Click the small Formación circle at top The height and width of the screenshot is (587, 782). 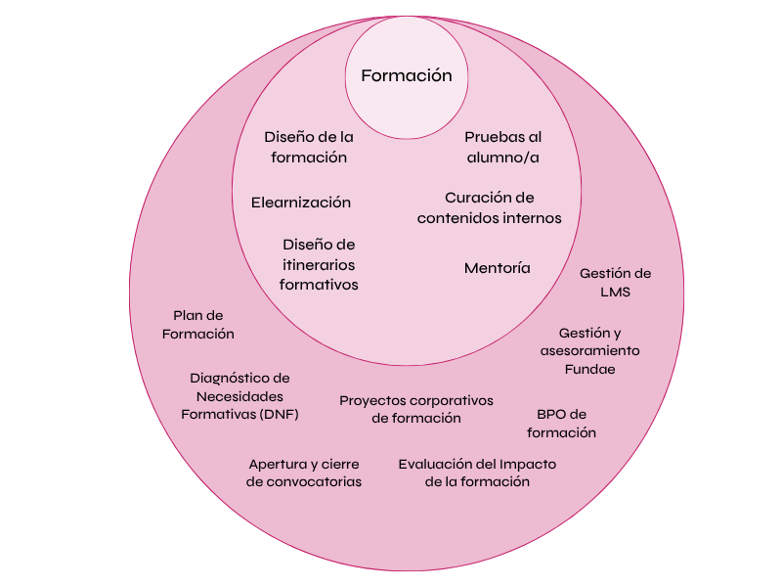click(406, 75)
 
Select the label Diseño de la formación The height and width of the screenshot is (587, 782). click(309, 147)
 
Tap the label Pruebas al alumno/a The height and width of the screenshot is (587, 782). click(502, 147)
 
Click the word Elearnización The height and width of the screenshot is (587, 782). click(301, 203)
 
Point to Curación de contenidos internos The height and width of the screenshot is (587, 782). click(489, 207)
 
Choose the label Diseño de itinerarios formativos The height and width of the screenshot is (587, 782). click(319, 264)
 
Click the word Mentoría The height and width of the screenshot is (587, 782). click(498, 267)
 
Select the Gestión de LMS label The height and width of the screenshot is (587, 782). click(615, 283)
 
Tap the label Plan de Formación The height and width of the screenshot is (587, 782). click(198, 324)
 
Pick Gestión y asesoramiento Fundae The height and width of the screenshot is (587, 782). click(589, 350)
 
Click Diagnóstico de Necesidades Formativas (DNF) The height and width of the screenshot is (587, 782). click(240, 395)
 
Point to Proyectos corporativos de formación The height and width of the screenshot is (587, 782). click(416, 409)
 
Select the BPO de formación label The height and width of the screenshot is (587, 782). click(561, 423)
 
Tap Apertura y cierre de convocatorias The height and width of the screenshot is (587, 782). click(304, 473)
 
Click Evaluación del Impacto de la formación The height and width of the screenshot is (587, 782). click(477, 473)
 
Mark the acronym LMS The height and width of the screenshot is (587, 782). click(617, 293)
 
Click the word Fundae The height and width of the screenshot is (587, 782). click(589, 369)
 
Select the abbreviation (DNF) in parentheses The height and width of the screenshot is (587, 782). click(280, 414)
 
